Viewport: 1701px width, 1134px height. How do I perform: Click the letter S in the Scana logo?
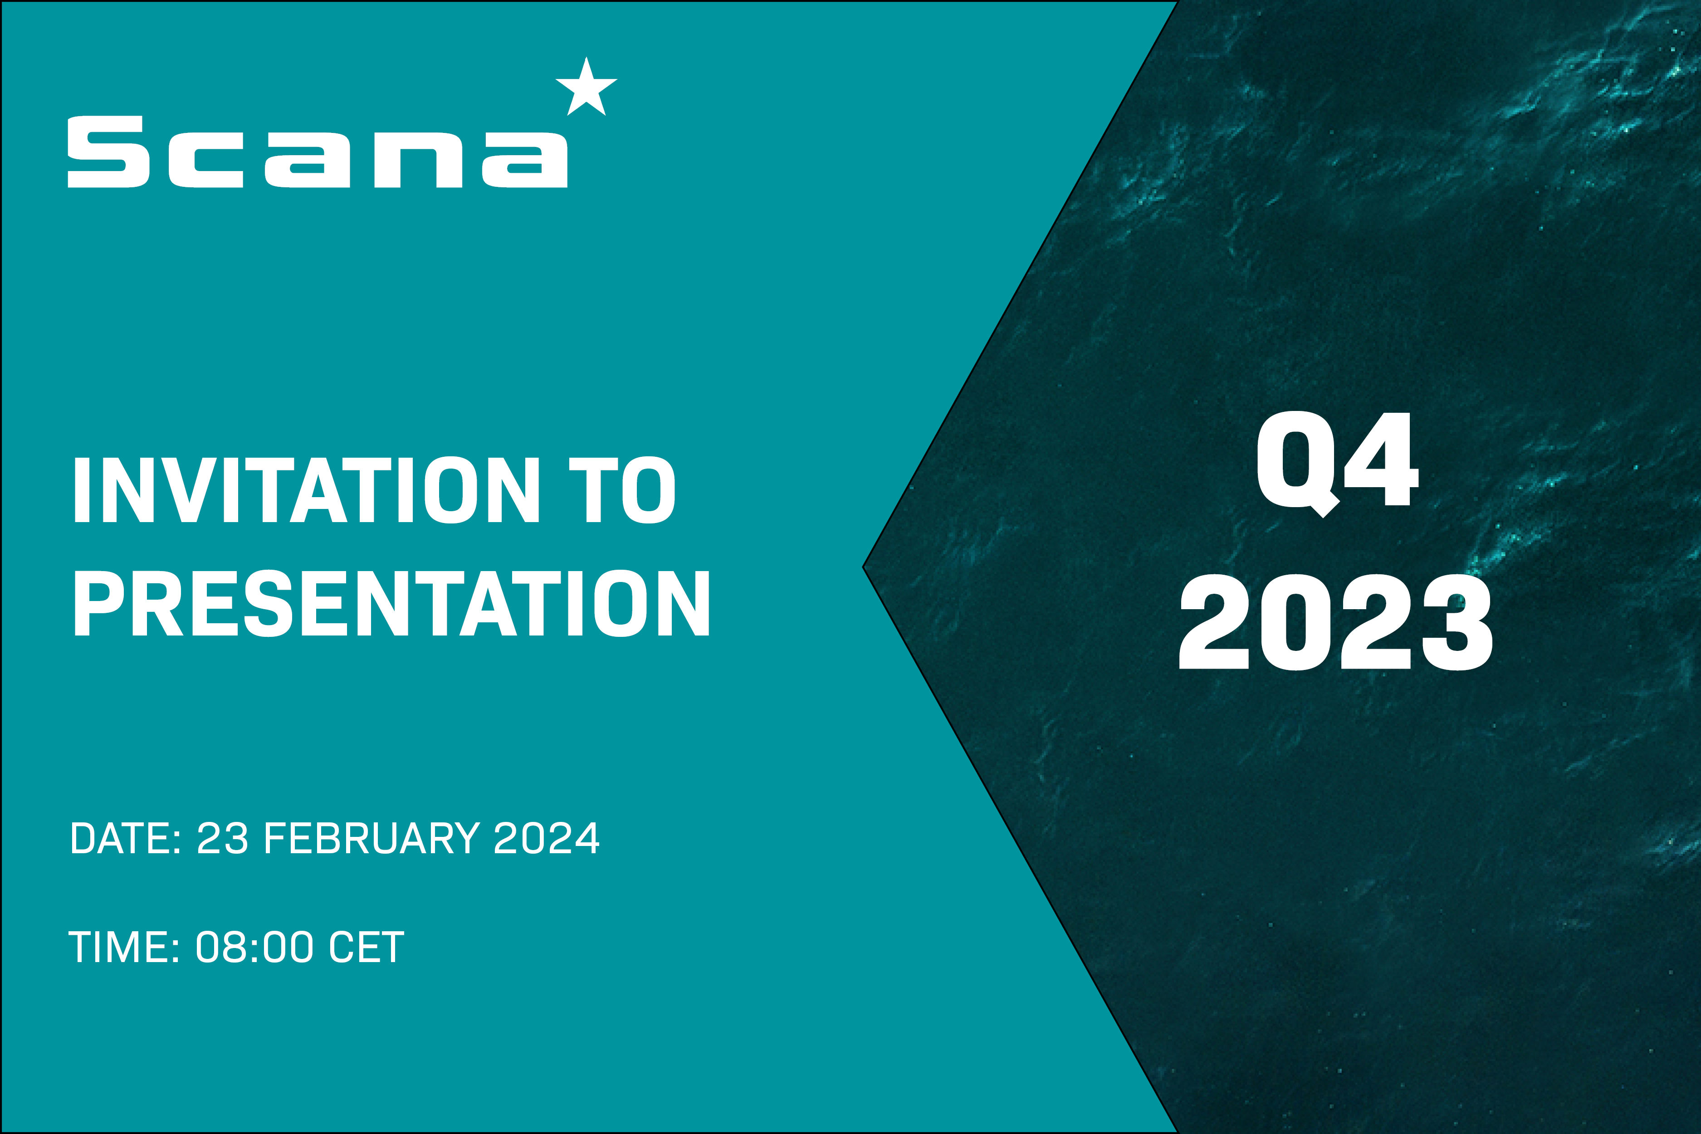tap(108, 152)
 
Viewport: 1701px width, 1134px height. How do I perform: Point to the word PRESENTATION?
tap(391, 603)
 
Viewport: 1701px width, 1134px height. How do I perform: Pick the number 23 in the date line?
tap(222, 839)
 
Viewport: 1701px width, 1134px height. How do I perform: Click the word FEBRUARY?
tap(371, 839)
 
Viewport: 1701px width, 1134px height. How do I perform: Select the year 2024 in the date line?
tap(546, 839)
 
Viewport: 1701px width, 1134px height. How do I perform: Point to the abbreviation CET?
tap(366, 948)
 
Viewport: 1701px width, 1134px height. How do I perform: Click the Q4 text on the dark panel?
tap(1336, 463)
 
